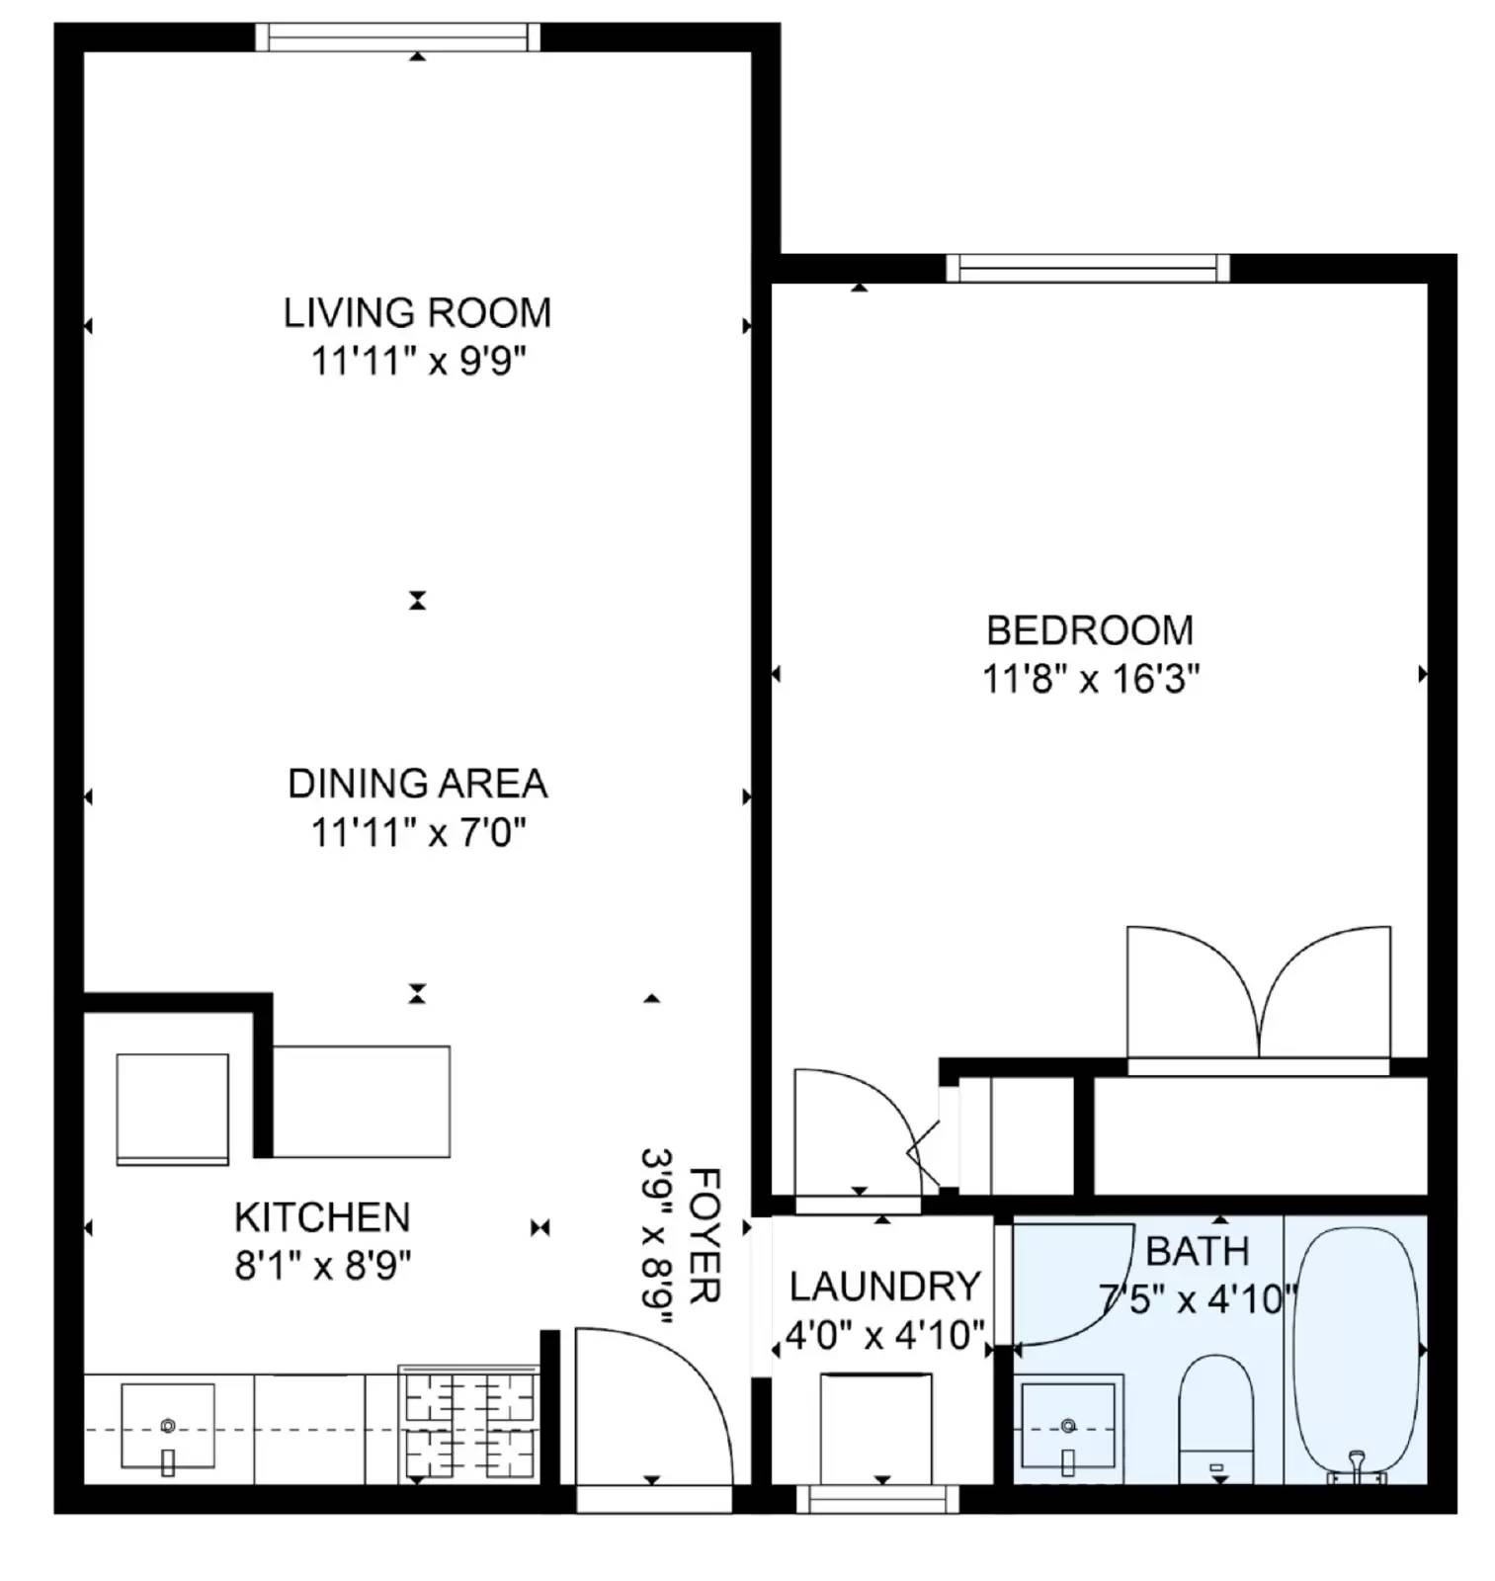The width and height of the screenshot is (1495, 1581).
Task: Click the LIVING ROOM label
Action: [416, 313]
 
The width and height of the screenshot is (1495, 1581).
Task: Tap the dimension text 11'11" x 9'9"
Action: [416, 362]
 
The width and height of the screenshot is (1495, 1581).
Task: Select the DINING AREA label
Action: [416, 784]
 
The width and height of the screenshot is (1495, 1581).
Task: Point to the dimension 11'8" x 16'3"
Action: [1089, 680]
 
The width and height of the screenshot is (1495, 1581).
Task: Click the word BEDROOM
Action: [1089, 630]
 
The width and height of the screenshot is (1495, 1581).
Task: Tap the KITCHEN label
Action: [321, 1217]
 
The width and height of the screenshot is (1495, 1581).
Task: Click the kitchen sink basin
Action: [167, 1425]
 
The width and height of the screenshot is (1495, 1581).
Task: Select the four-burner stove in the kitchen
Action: [469, 1425]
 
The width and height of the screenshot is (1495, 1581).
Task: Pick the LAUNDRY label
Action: [883, 1287]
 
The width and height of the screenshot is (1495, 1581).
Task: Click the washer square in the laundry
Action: [874, 1426]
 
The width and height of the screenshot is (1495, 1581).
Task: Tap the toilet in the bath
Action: [1214, 1418]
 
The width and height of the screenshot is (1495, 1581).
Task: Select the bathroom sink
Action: [1067, 1425]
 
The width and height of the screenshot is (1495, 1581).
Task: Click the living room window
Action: [397, 38]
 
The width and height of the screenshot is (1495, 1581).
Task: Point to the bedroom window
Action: [1087, 268]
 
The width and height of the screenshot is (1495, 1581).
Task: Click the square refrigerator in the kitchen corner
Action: [172, 1108]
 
